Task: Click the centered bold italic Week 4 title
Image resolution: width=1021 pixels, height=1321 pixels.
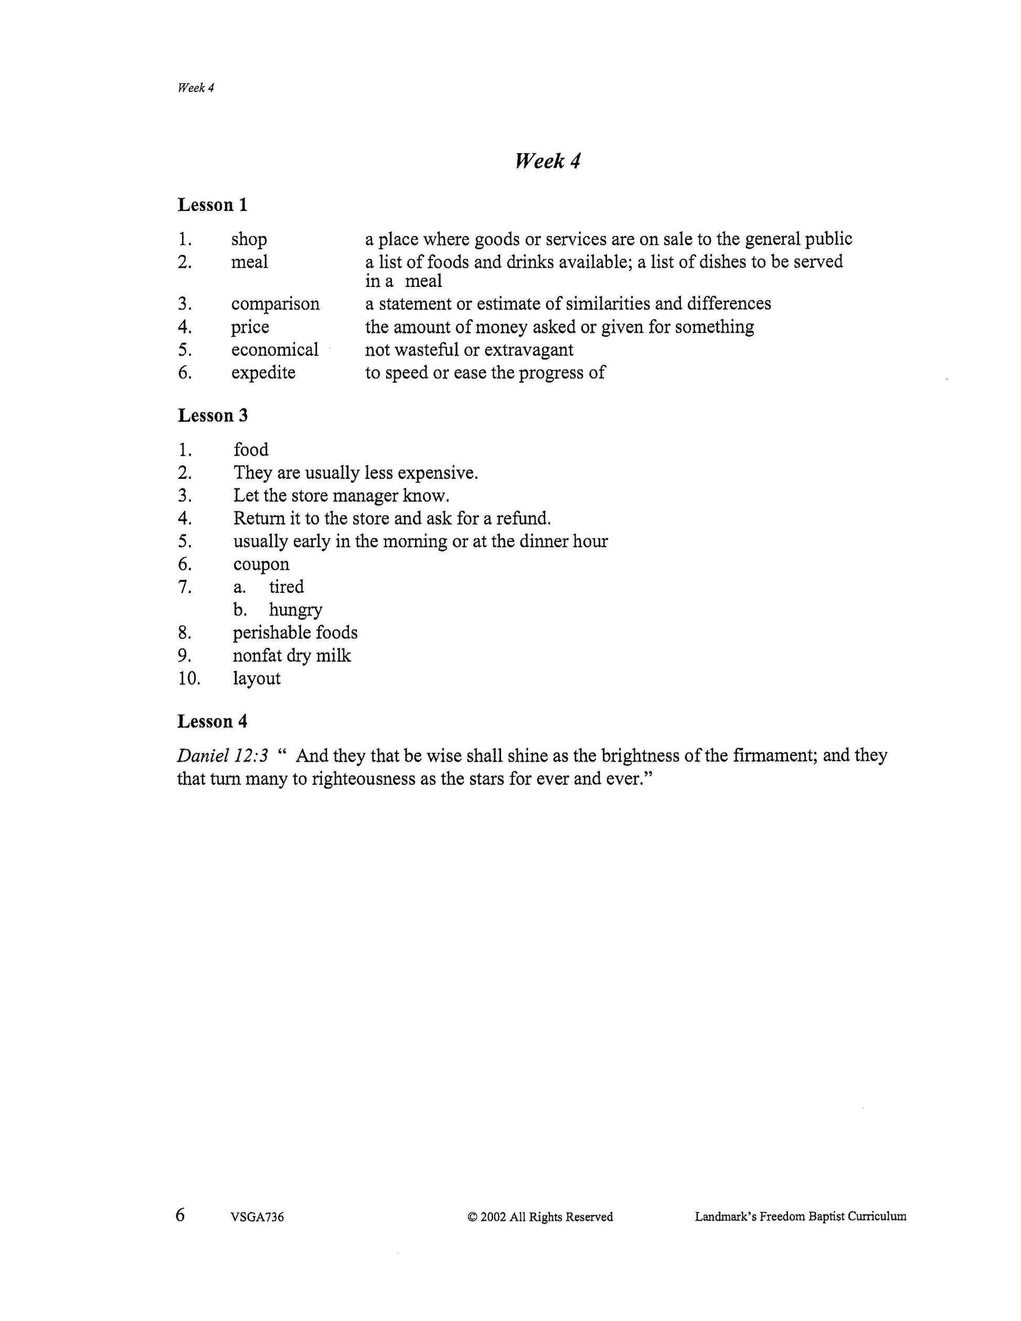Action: [x=547, y=161]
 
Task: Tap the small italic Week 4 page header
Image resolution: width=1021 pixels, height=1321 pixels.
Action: [x=195, y=88]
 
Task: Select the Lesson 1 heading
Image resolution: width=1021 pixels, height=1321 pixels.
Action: [x=212, y=205]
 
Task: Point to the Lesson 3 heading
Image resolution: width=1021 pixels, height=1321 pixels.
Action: [x=212, y=416]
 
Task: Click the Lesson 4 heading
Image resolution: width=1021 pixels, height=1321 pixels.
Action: [x=212, y=721]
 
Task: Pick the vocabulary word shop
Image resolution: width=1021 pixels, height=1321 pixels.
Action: [x=249, y=240]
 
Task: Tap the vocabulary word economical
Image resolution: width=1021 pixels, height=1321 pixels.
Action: [x=274, y=349]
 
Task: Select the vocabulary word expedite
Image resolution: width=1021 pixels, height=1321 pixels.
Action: [x=263, y=372]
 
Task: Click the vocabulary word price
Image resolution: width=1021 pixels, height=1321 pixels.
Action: [x=250, y=327]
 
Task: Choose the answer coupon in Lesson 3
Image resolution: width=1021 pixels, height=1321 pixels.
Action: [x=261, y=564]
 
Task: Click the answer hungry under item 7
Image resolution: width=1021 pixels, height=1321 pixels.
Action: [x=295, y=610]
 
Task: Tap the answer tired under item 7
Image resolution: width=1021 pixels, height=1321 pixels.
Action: [x=286, y=587]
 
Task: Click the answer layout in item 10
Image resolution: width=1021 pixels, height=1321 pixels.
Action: [x=257, y=679]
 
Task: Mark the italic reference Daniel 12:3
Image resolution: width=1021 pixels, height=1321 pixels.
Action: [x=222, y=755]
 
